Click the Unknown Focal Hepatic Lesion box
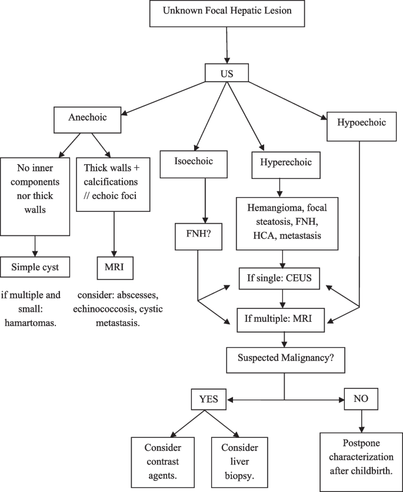(x=227, y=13)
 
